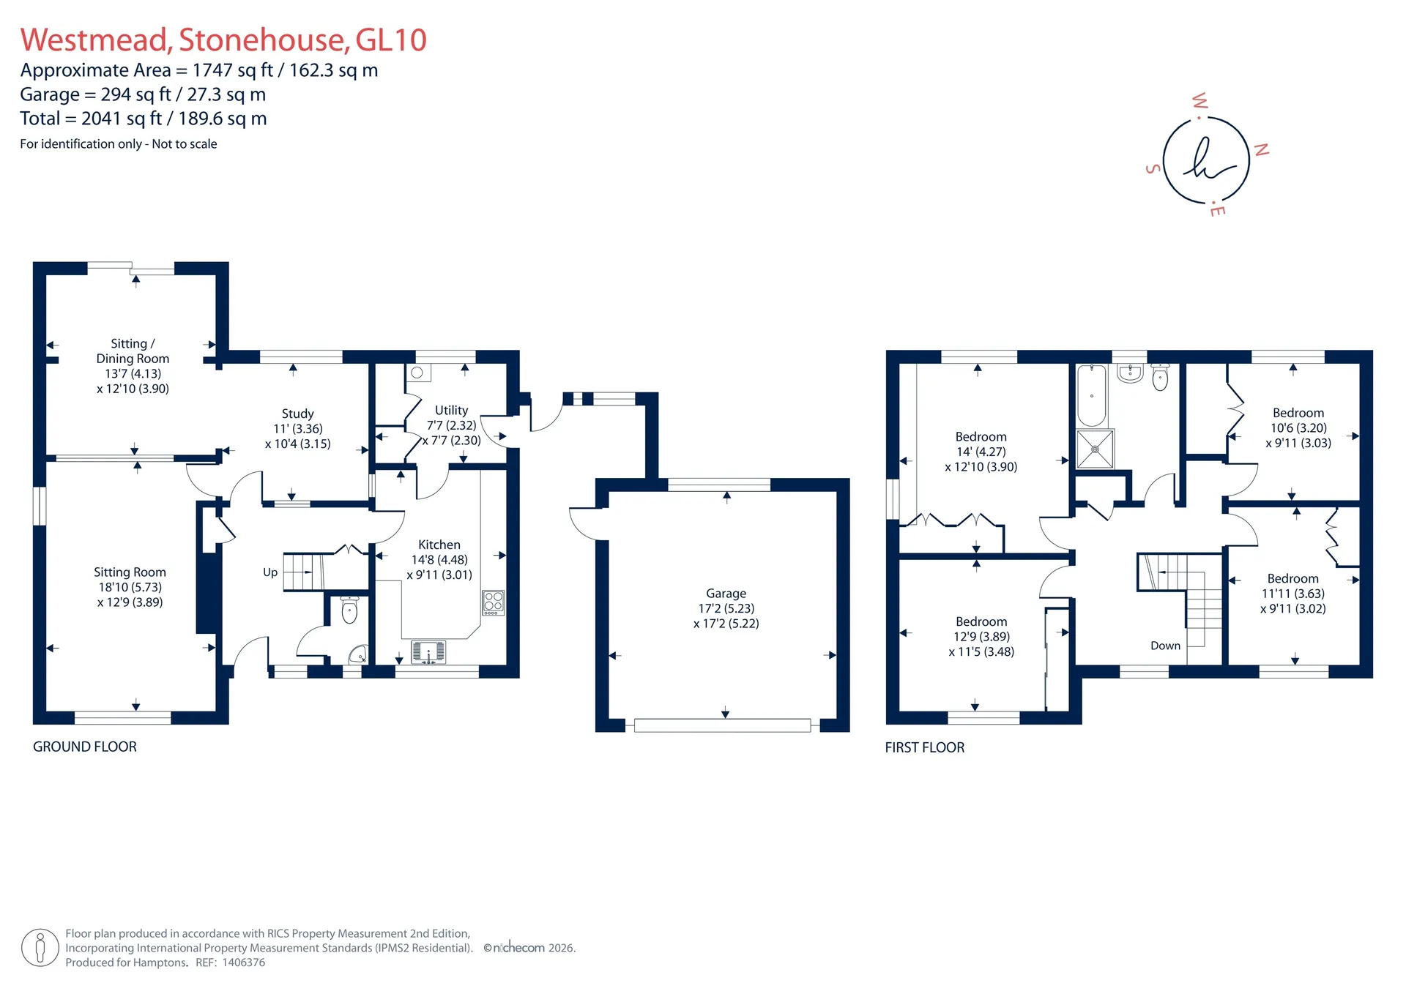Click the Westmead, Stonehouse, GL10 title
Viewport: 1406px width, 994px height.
223,40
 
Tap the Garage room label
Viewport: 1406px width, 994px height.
726,594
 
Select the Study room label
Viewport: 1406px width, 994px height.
297,414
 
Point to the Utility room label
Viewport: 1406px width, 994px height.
451,411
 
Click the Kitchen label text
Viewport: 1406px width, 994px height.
439,545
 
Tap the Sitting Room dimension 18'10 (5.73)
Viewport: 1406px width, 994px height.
130,587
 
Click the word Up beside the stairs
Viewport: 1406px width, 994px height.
270,572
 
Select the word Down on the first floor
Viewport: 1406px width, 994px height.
1165,646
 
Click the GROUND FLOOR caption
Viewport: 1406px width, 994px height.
85,747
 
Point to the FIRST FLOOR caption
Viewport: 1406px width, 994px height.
924,747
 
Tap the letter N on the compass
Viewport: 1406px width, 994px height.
1262,150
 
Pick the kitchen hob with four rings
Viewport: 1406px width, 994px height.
494,603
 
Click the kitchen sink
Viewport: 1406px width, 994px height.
428,651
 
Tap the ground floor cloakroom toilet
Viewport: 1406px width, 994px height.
349,609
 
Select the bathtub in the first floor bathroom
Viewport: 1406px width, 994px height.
1092,395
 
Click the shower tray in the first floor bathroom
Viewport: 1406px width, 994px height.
1095,449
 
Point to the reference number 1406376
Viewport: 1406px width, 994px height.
242,963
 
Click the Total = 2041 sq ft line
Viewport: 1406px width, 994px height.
144,119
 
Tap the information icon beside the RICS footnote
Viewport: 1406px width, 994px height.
40,948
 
